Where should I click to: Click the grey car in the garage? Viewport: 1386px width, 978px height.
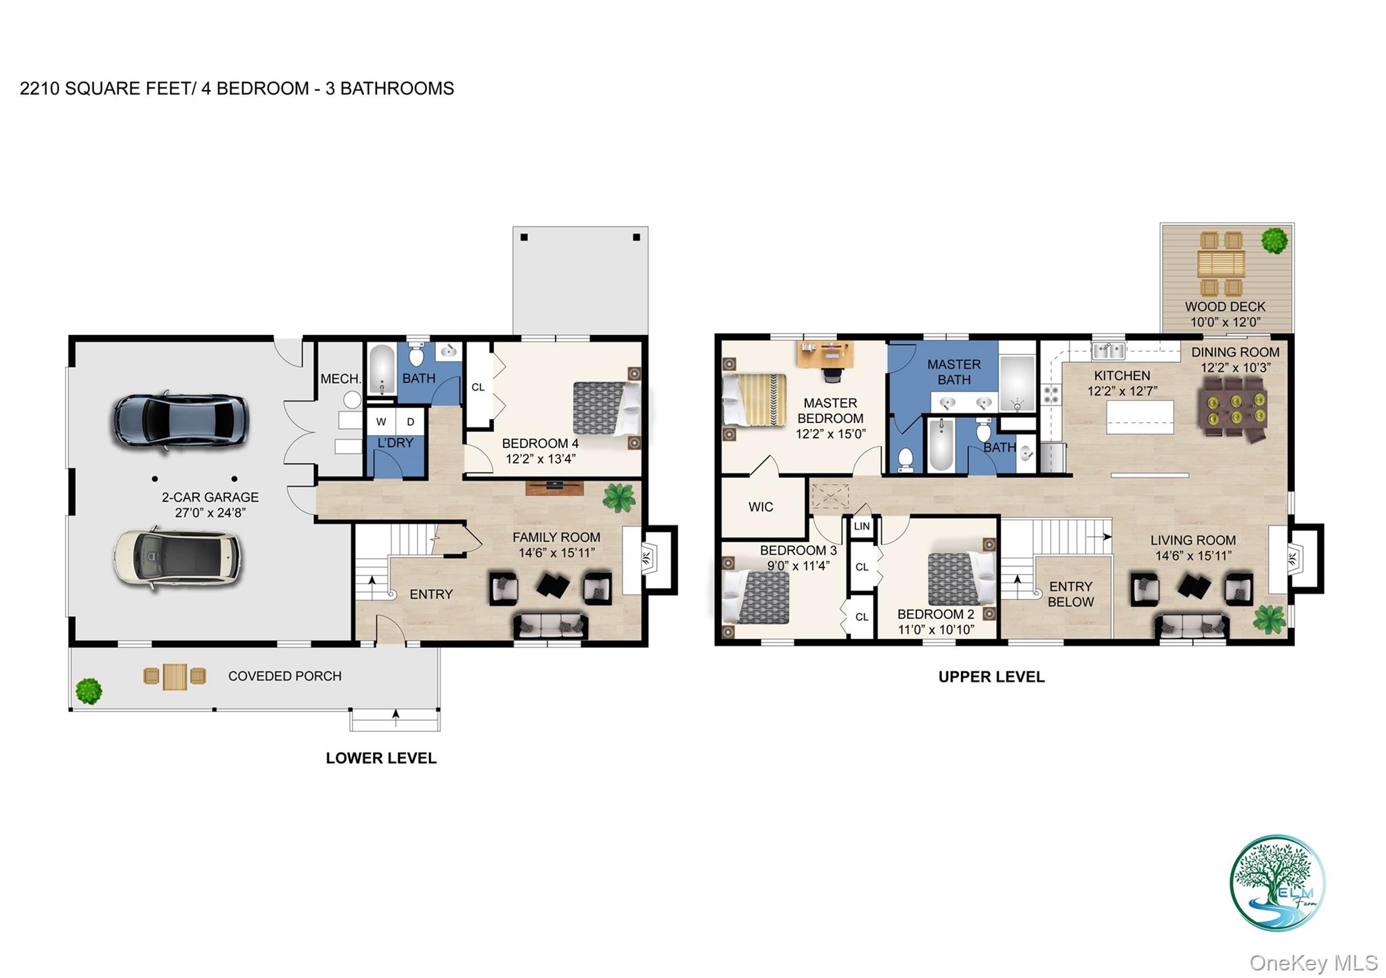pyautogui.click(x=180, y=420)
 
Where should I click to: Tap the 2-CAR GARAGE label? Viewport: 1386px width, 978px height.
pyautogui.click(x=210, y=497)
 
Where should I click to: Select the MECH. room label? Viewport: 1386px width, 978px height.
pyautogui.click(x=340, y=379)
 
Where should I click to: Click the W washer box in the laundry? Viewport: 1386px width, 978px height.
pyautogui.click(x=381, y=422)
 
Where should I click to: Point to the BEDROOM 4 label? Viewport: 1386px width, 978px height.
pyautogui.click(x=540, y=444)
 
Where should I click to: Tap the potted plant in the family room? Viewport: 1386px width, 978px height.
pyautogui.click(x=619, y=497)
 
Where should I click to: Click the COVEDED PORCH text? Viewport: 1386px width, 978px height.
pyautogui.click(x=284, y=676)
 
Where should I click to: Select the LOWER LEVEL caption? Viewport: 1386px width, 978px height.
pyautogui.click(x=381, y=758)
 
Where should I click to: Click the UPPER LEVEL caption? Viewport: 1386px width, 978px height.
pyautogui.click(x=991, y=677)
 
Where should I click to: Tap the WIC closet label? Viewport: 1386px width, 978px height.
pyautogui.click(x=761, y=507)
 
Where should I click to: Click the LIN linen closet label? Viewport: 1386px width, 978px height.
pyautogui.click(x=862, y=527)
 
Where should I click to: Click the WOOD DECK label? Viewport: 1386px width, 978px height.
pyautogui.click(x=1225, y=307)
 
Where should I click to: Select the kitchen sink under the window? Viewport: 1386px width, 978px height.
pyautogui.click(x=1108, y=351)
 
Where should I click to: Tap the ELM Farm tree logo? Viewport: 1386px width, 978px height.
pyautogui.click(x=1276, y=883)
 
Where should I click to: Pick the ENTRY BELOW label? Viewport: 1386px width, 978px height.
pyautogui.click(x=1071, y=594)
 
